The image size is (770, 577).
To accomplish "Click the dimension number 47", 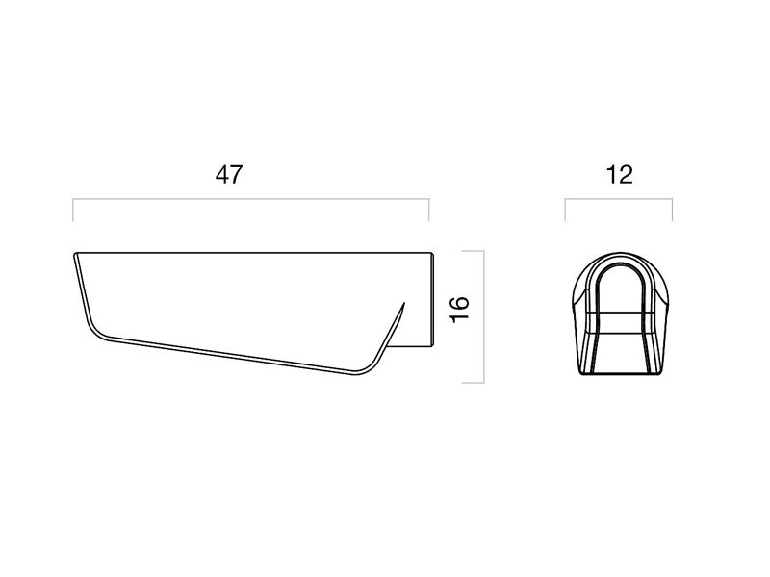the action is (229, 175).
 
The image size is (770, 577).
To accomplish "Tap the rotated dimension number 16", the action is (460, 310).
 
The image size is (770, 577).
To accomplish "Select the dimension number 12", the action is (619, 175).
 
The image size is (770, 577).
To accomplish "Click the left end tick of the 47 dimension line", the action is (73, 210).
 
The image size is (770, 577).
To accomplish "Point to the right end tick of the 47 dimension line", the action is (429, 210).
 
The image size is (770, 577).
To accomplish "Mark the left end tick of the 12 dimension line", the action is (565, 210).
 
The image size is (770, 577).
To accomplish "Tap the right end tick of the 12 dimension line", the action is (672, 210).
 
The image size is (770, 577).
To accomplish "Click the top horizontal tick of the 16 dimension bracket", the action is (474, 251).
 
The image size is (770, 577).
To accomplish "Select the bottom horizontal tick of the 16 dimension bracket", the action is (474, 382).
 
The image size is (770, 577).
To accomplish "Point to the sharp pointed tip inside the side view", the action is (404, 303).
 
